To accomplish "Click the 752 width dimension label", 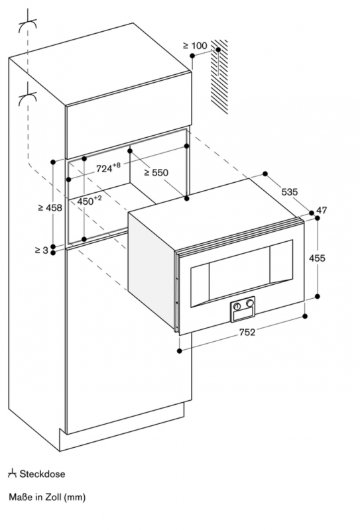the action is click(247, 333).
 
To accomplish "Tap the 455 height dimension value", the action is click(317, 258).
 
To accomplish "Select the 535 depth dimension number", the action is click(290, 192).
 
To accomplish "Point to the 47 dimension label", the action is click(322, 210).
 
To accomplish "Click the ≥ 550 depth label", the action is click(156, 172).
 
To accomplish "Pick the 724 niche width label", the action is click(108, 168).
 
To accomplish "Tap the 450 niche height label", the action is click(90, 201).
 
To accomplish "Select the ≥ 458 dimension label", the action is click(50, 207).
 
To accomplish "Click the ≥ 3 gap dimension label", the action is click(42, 250).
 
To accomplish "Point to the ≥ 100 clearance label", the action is click(195, 45).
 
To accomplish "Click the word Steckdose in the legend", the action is click(42, 474).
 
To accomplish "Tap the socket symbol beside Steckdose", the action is click(12, 473).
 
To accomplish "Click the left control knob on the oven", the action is click(237, 306).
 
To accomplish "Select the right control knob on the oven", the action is click(250, 303).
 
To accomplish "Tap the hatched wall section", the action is click(219, 77).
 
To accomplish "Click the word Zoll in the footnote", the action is click(53, 497).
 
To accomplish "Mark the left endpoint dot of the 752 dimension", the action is click(179, 351).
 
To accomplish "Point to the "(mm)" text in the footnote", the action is click(74, 498).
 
